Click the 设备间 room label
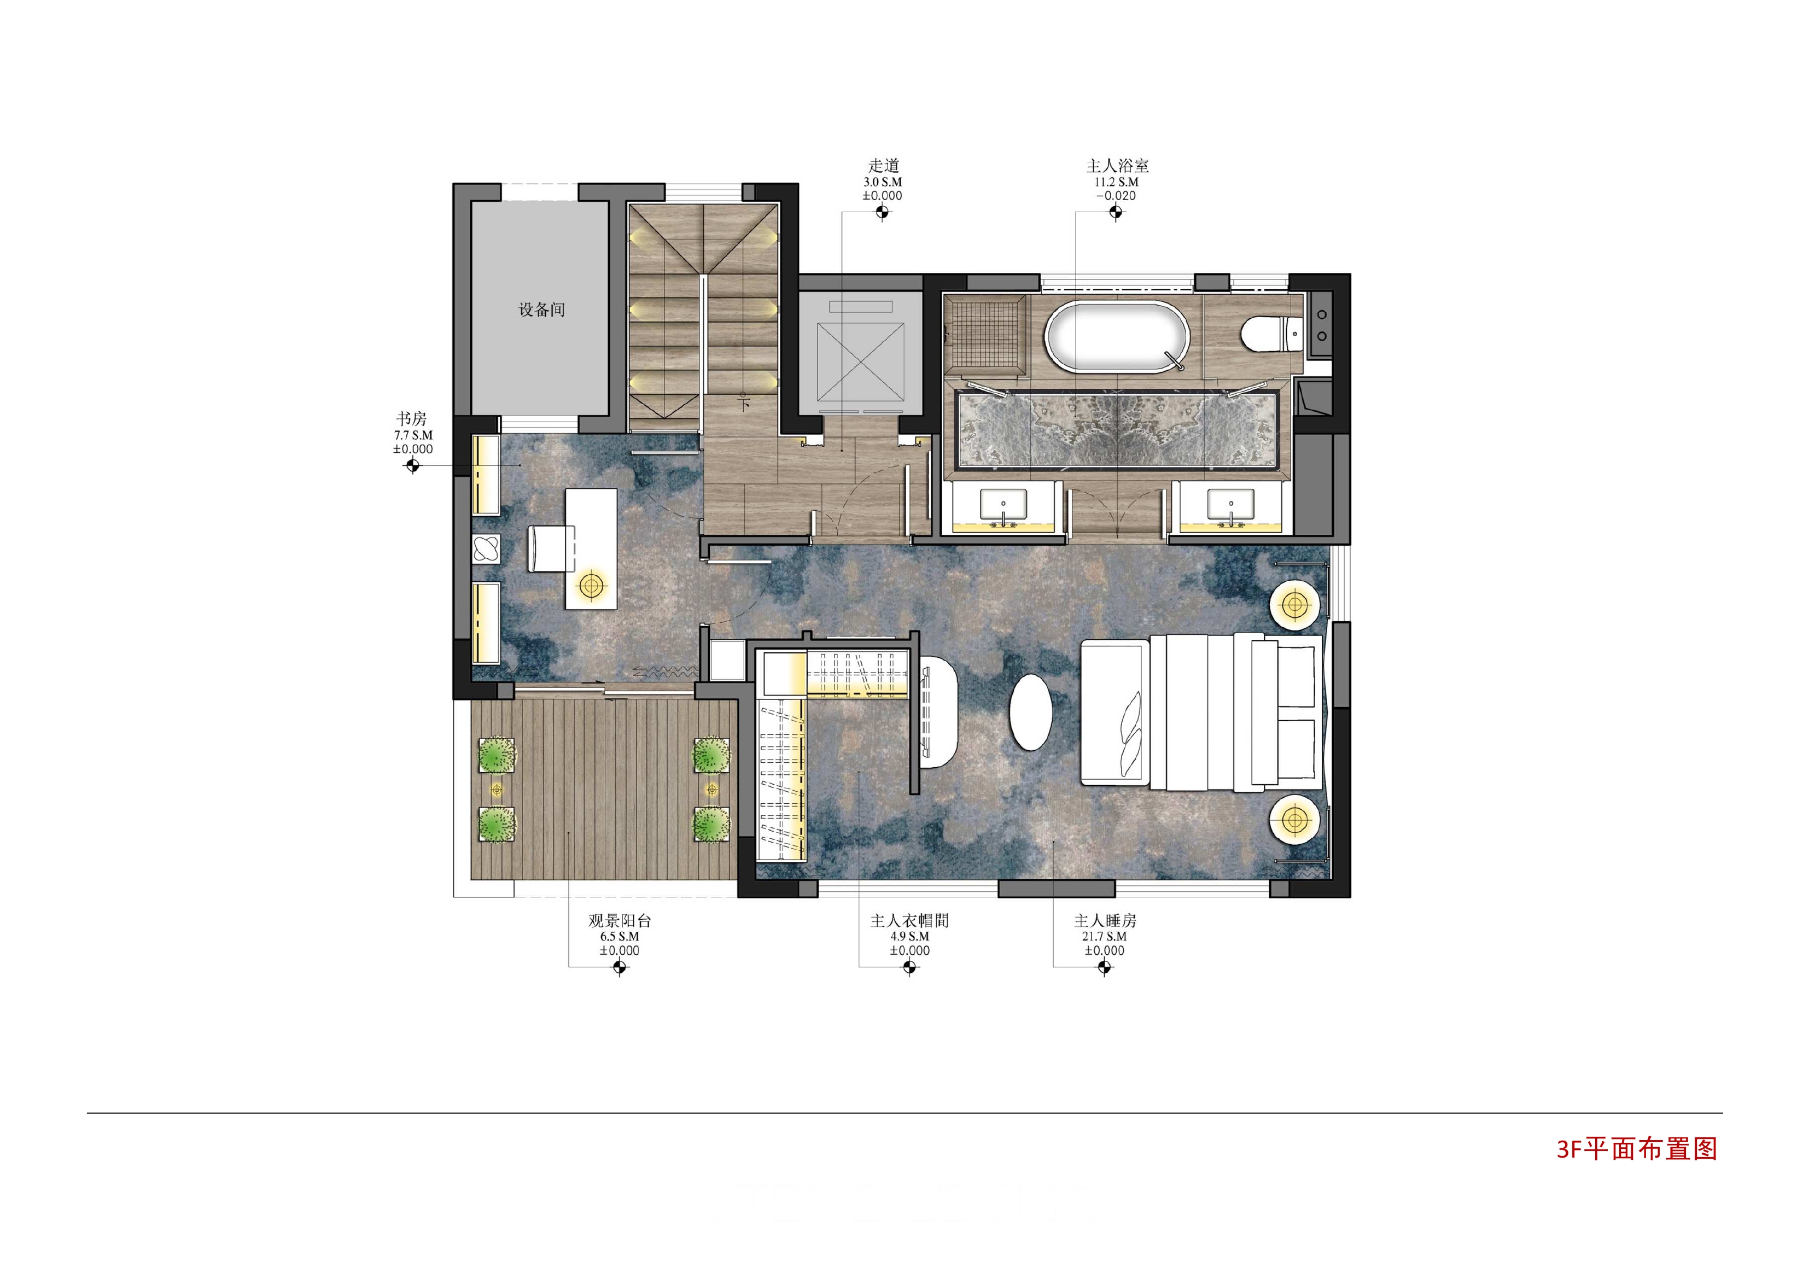[541, 309]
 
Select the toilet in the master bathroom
[1270, 334]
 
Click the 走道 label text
[883, 166]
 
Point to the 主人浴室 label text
[1117, 166]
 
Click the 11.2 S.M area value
[1117, 182]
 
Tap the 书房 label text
[411, 418]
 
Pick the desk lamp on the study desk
[591, 586]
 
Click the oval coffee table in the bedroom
[1031, 711]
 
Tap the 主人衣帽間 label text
[909, 920]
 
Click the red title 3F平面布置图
[1637, 1149]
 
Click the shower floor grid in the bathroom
[985, 334]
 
